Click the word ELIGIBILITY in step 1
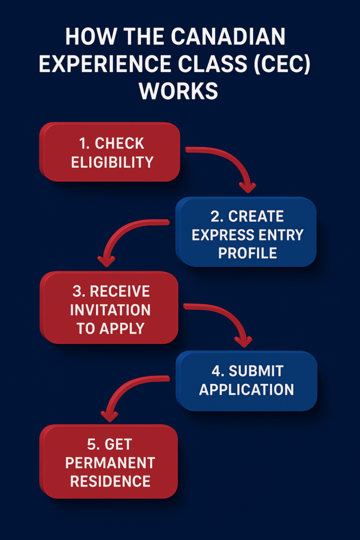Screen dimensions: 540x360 pos(112,162)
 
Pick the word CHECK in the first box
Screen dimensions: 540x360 pos(120,143)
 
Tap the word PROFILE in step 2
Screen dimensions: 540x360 pos(248,253)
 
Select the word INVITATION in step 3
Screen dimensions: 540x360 pos(110,310)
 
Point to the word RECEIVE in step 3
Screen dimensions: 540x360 pos(120,291)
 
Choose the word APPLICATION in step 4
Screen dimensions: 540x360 pos(247,390)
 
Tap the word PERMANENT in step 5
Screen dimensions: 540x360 pos(110,463)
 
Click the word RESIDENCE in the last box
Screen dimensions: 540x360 pos(110,481)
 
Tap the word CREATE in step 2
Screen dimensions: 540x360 pos(257,216)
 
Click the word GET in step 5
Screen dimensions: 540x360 pos(119,445)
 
